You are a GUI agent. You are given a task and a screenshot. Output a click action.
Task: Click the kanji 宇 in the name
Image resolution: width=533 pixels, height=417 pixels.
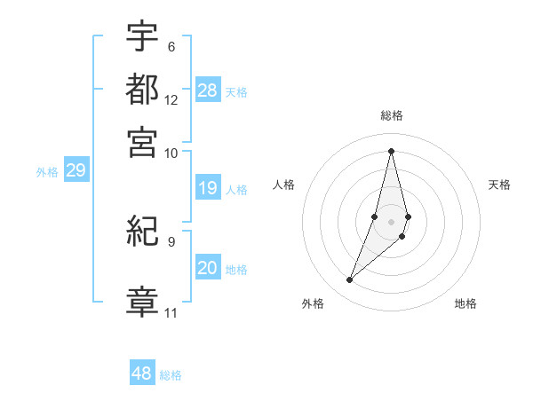(x=143, y=37)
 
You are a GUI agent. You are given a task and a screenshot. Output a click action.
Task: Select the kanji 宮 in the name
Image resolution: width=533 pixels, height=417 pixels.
(x=143, y=141)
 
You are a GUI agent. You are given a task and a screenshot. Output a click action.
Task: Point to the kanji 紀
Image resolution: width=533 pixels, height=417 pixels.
(x=143, y=233)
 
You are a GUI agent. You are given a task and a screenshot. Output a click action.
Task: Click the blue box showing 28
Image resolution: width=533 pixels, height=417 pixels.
(x=208, y=90)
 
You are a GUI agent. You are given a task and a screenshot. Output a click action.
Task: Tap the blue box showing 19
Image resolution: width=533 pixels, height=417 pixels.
(x=208, y=188)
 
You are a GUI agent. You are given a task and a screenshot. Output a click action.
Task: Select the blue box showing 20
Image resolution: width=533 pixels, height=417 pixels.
(x=208, y=269)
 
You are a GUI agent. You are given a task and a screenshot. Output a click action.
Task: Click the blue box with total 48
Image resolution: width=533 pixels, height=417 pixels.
(x=142, y=374)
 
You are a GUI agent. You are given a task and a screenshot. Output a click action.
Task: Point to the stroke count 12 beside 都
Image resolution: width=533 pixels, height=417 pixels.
(x=171, y=100)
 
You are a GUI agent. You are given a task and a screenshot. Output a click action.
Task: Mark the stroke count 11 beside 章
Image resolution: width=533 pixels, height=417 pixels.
(x=171, y=313)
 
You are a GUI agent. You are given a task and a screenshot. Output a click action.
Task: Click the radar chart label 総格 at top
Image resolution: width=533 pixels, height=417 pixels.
(x=391, y=116)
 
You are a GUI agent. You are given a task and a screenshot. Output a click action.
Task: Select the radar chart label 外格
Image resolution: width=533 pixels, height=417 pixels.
(x=313, y=303)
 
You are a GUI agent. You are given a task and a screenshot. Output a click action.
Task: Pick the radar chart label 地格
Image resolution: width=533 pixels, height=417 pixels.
(x=465, y=303)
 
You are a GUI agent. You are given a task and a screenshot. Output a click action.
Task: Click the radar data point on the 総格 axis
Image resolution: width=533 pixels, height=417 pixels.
(x=391, y=150)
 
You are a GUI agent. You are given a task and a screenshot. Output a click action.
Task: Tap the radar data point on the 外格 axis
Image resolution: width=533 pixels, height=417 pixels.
(x=349, y=280)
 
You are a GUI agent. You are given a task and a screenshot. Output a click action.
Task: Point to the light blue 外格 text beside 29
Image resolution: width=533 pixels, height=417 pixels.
(x=47, y=172)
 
